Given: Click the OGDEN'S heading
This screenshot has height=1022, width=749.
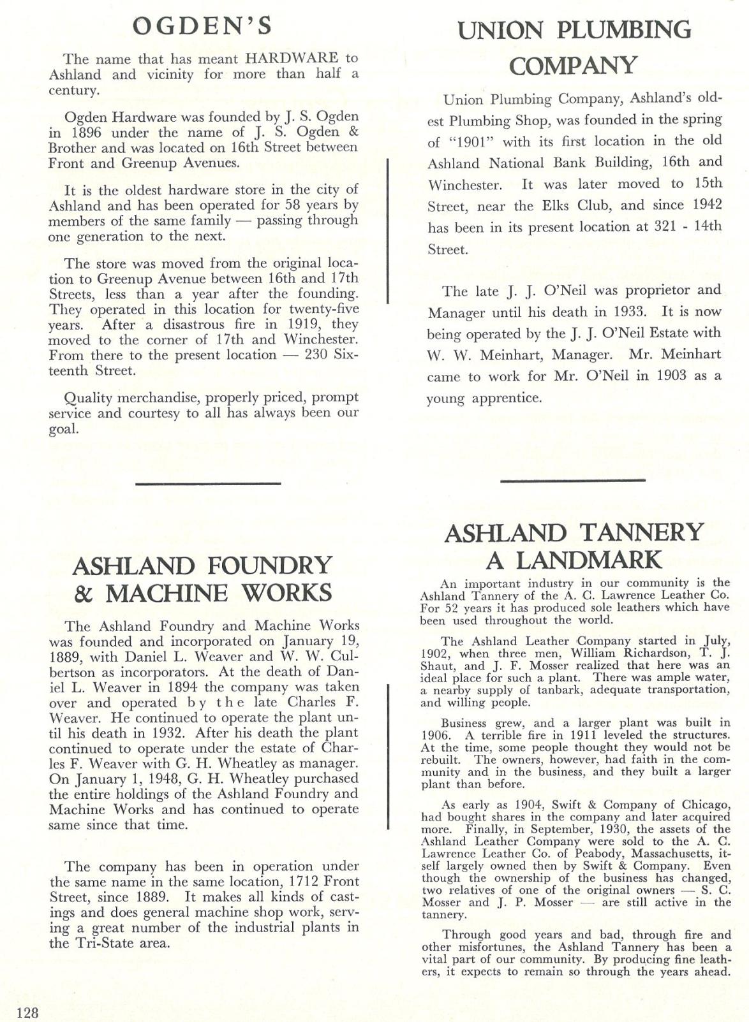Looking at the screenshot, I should pyautogui.click(x=203, y=27).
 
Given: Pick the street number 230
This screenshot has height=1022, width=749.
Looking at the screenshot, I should pyautogui.click(x=318, y=355).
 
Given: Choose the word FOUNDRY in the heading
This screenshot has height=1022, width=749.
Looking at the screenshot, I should pyautogui.click(x=267, y=566).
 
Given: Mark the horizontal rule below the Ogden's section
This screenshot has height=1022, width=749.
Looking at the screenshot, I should pyautogui.click(x=208, y=484).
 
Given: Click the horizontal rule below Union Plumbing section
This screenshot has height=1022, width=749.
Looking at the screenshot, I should pyautogui.click(x=573, y=479).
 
